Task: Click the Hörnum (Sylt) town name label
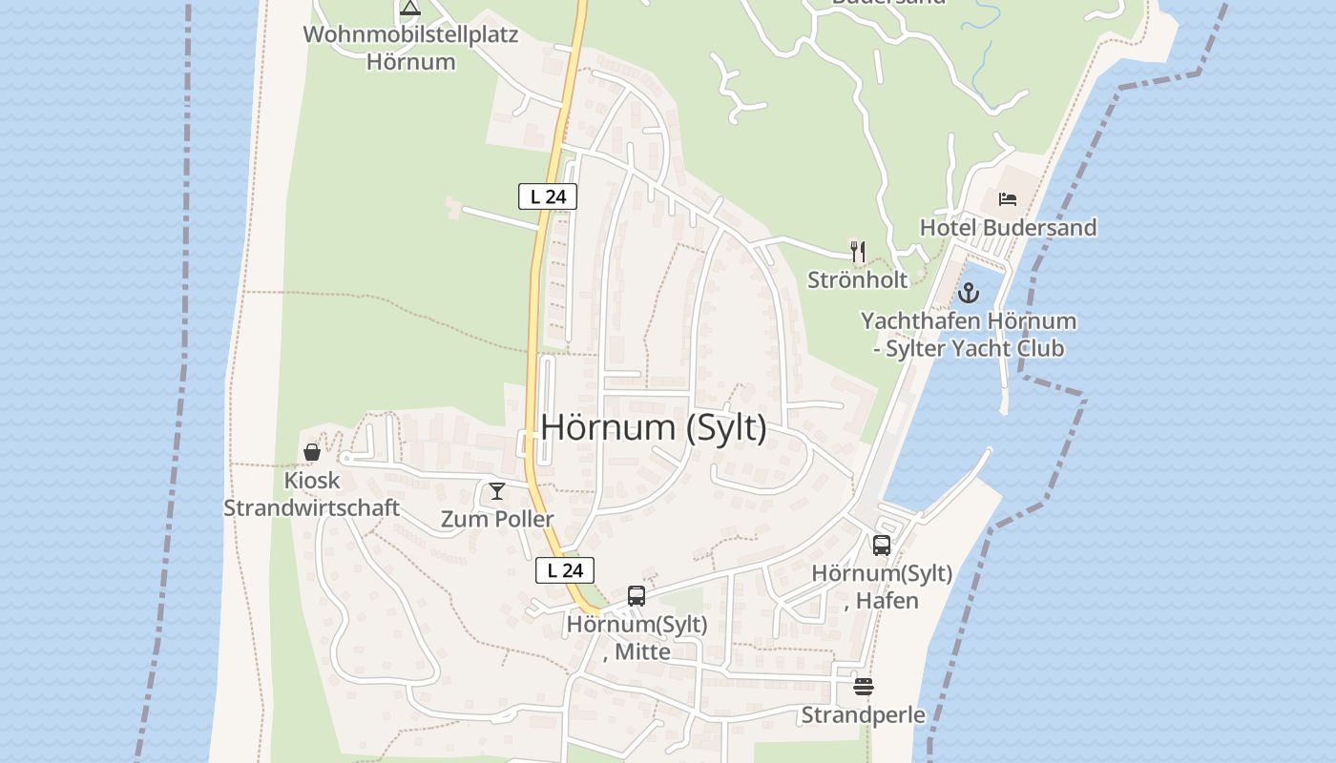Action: (654, 427)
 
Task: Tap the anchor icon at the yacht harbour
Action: (969, 292)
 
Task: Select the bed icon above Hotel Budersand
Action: (1008, 199)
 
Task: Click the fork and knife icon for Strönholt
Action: (858, 252)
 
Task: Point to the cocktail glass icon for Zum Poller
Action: (497, 491)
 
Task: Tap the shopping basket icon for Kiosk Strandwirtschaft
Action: (312, 451)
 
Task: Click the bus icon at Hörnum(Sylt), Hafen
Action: (881, 546)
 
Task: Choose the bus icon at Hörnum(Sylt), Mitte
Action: (637, 596)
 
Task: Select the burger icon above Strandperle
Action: (864, 687)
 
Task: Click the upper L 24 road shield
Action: (548, 196)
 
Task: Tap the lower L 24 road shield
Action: (565, 570)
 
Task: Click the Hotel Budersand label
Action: (1008, 227)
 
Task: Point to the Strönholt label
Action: (857, 279)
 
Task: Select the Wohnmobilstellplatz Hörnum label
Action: (410, 49)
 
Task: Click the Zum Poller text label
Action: (497, 519)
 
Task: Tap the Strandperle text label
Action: (863, 714)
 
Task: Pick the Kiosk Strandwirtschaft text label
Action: (311, 493)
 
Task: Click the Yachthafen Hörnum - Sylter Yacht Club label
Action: (969, 334)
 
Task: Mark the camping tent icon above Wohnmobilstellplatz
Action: (410, 9)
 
